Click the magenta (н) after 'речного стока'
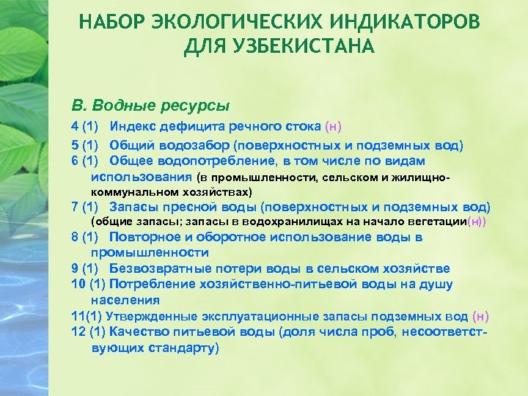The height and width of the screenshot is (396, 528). click(x=333, y=127)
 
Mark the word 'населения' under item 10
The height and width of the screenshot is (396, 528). click(x=125, y=300)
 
